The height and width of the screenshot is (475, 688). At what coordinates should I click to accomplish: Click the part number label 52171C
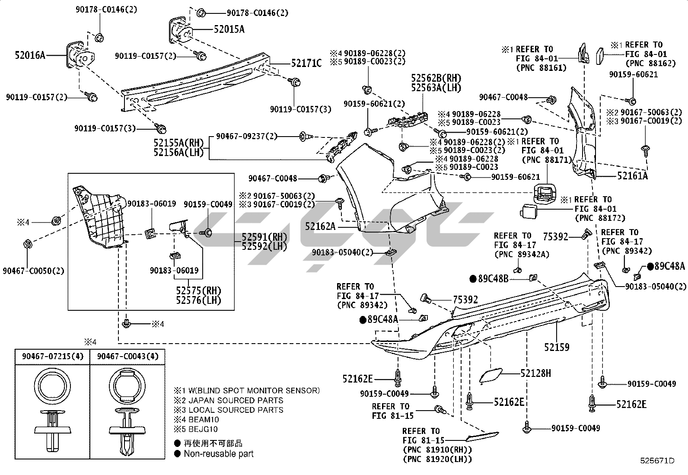click(306, 64)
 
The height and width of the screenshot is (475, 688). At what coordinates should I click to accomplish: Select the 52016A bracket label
click(30, 55)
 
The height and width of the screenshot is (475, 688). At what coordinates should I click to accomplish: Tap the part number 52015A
click(229, 29)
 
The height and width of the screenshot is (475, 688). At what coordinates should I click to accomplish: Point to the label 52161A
click(632, 176)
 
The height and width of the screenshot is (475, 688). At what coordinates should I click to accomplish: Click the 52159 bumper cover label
click(557, 347)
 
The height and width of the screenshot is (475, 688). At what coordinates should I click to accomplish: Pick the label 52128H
click(536, 373)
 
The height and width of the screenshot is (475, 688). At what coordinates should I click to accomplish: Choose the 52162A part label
click(320, 226)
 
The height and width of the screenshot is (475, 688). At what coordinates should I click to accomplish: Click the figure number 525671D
click(657, 461)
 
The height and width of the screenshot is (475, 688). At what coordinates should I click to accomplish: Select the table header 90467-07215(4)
click(52, 356)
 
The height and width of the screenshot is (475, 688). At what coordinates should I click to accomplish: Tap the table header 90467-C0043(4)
click(128, 356)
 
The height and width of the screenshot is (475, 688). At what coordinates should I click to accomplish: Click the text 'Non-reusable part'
click(219, 454)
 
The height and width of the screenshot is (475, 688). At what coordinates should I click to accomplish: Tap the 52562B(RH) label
click(436, 78)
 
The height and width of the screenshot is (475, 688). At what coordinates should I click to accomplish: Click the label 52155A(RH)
click(178, 143)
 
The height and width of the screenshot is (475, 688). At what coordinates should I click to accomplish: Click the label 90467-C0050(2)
click(33, 271)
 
